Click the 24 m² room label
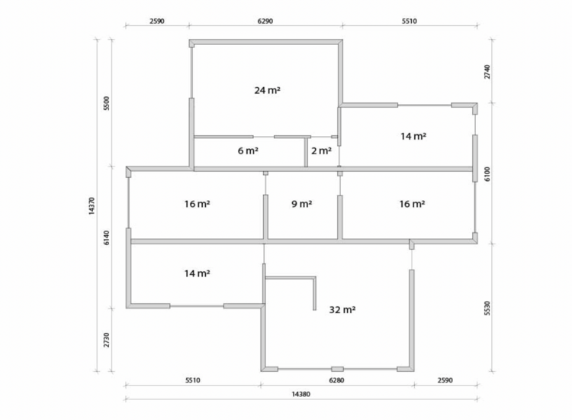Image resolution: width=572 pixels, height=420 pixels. click(x=267, y=90)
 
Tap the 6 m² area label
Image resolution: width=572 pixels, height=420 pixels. click(x=248, y=150)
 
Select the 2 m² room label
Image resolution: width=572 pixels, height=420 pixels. click(x=321, y=150)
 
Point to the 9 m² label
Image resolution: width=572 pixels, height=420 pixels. click(x=302, y=204)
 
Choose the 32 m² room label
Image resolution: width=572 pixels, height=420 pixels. click(x=342, y=310)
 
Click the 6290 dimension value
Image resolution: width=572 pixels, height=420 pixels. click(x=265, y=21)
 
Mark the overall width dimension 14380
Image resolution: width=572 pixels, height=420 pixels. click(x=301, y=394)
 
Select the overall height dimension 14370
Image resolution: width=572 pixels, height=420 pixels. click(x=92, y=206)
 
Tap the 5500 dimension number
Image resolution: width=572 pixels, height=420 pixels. click(x=106, y=103)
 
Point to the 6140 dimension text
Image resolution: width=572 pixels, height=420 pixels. click(x=106, y=237)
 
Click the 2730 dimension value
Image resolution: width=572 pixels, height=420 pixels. click(x=106, y=340)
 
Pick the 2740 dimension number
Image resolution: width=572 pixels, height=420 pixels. click(x=487, y=72)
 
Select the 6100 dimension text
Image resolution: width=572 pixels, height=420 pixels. click(x=487, y=174)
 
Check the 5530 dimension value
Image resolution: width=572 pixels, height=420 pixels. click(x=487, y=309)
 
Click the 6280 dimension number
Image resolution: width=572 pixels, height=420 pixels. click(x=336, y=380)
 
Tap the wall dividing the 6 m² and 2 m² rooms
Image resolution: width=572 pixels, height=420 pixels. click(x=306, y=151)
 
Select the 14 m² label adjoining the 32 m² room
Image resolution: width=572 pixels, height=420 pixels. click(x=197, y=273)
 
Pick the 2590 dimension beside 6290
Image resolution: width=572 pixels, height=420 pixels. click(x=157, y=21)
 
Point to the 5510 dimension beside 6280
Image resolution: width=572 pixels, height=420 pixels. click(x=193, y=380)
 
